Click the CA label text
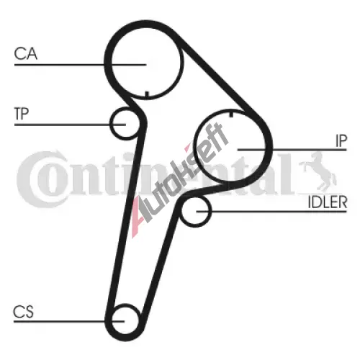click(x=26, y=53)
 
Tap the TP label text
click(x=22, y=114)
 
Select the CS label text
click(x=23, y=312)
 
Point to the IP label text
click(x=341, y=141)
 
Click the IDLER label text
click(x=328, y=202)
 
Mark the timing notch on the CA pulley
click(x=147, y=94)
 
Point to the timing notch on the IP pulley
click(x=231, y=114)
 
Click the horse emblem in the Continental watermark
click(x=318, y=172)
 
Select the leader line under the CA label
click(x=80, y=65)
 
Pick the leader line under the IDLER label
click(x=271, y=212)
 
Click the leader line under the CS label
click(x=69, y=321)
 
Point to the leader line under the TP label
click(x=70, y=125)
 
